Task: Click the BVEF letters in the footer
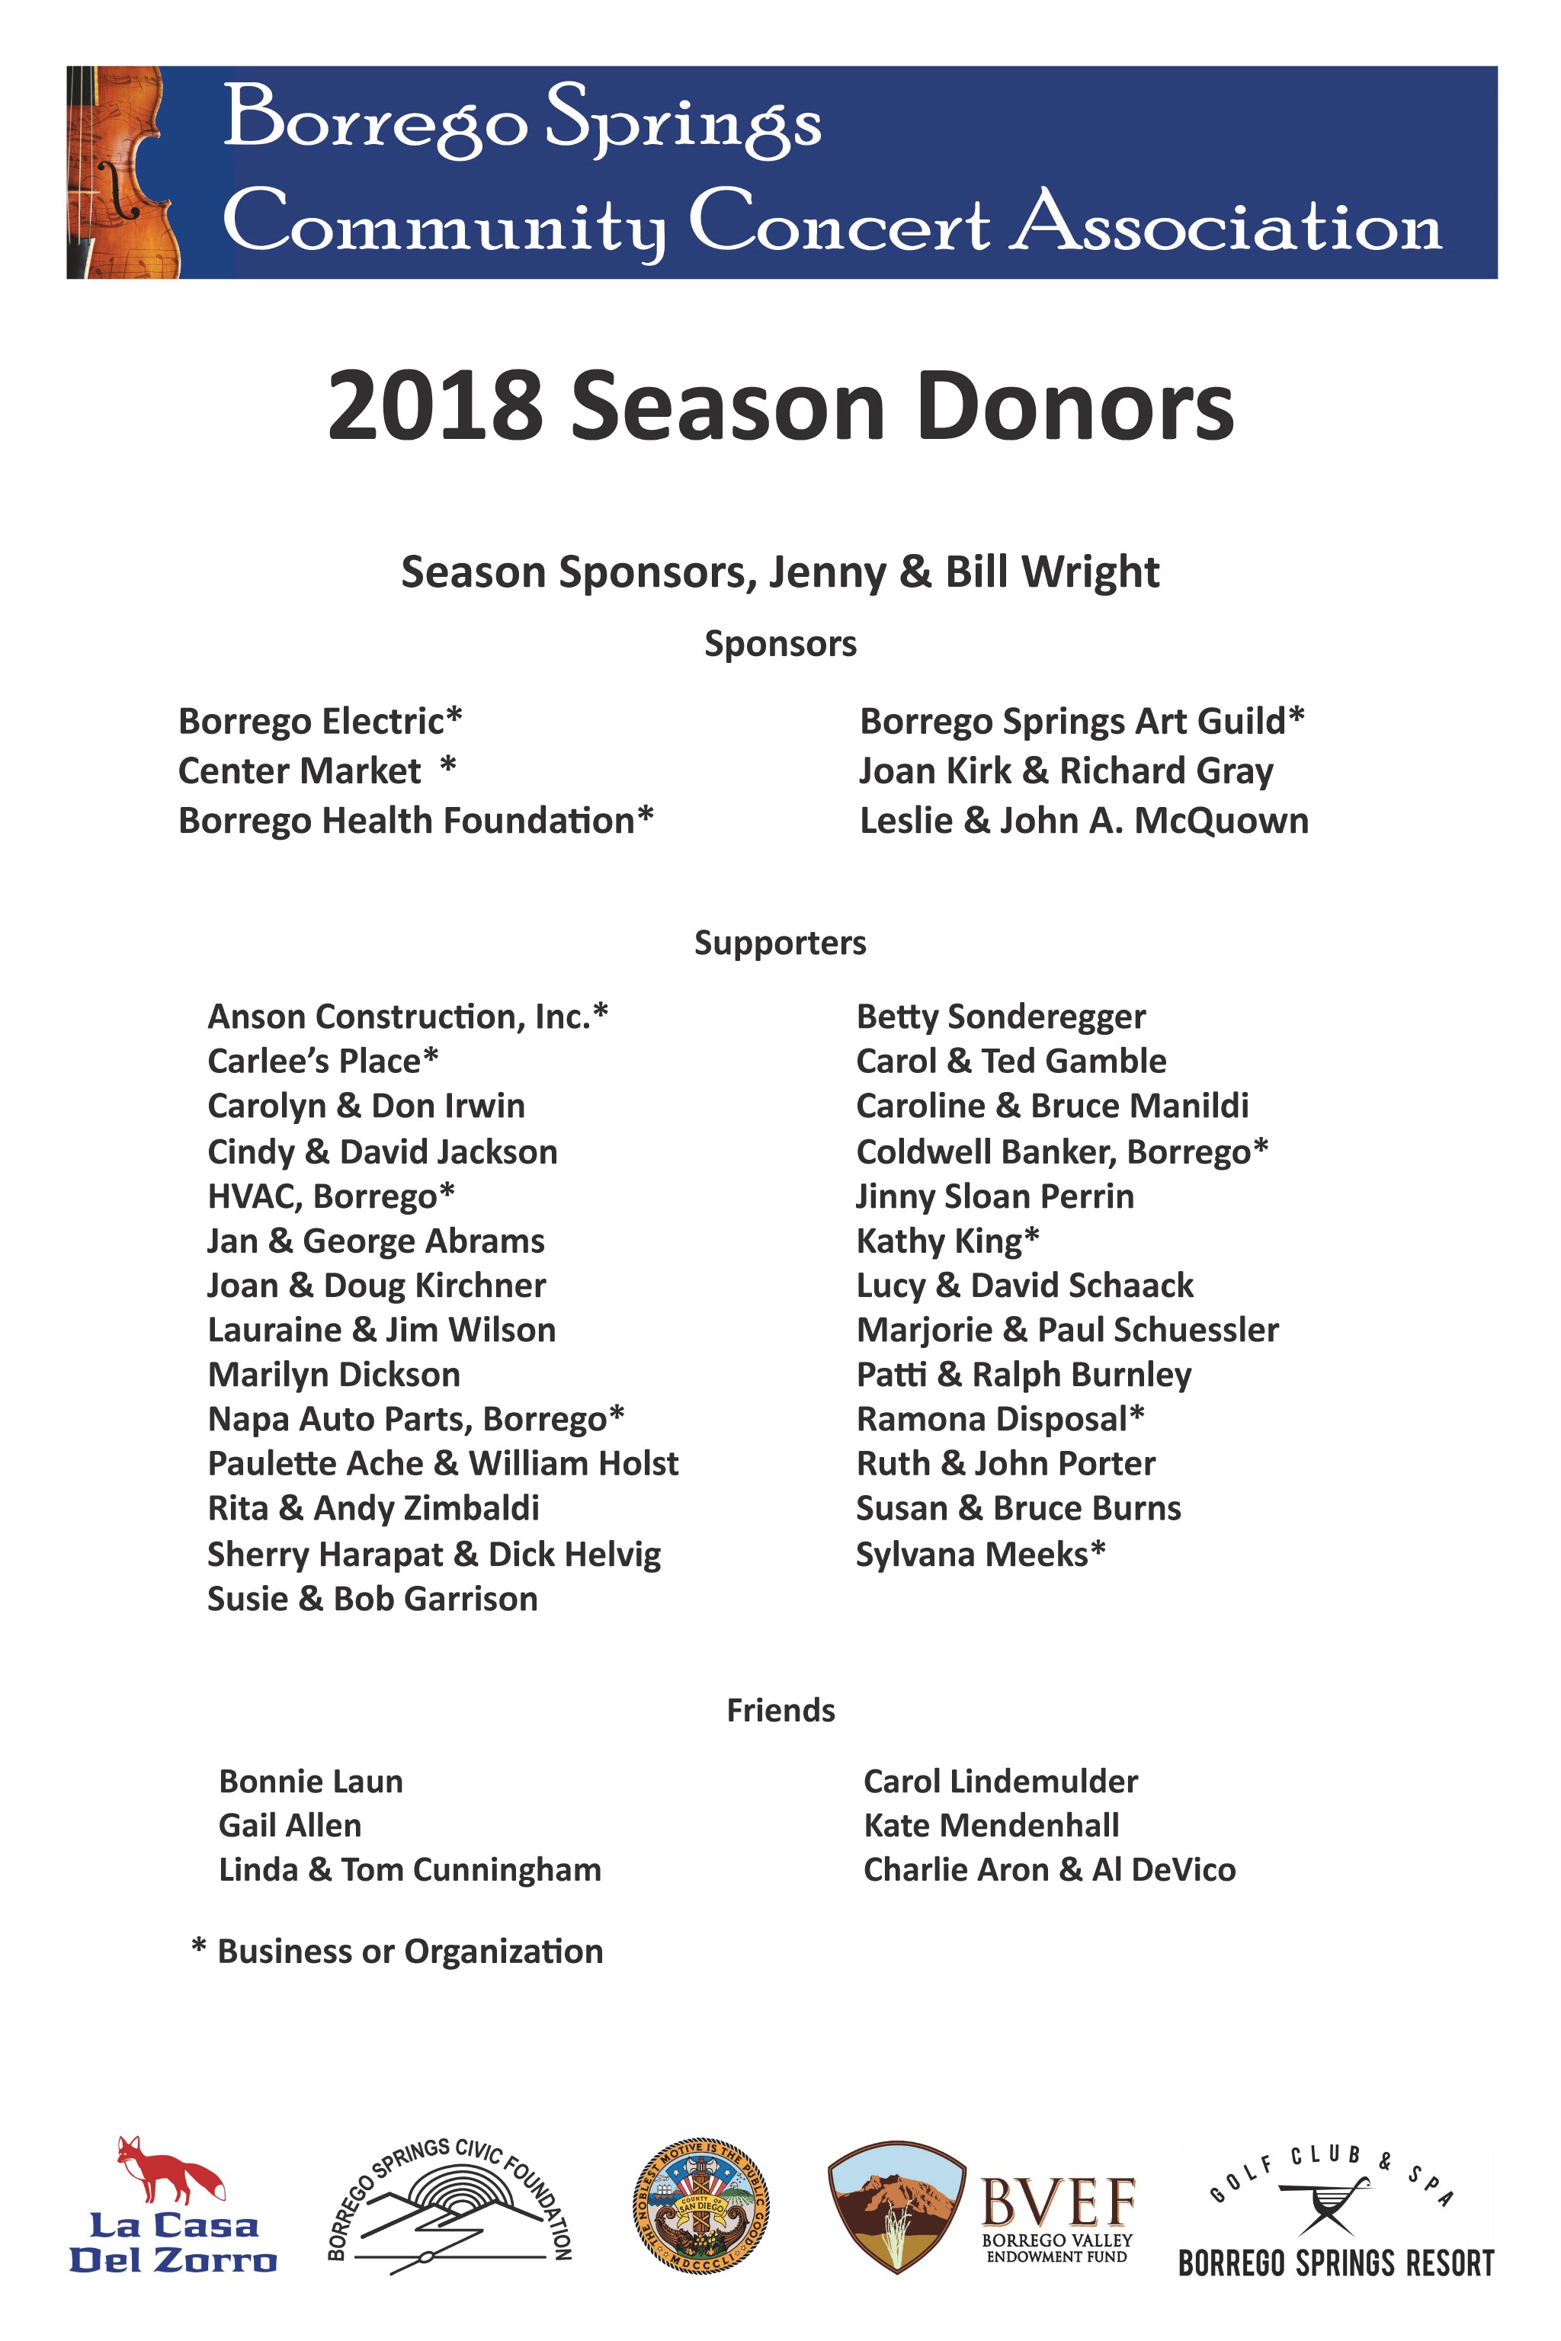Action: pos(1057,2202)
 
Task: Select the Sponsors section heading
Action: pos(780,644)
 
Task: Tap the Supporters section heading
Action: pos(780,943)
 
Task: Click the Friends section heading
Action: pos(780,1710)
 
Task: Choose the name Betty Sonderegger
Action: pos(1001,1017)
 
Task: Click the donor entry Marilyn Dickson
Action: pos(334,1375)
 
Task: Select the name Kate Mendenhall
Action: pos(991,1825)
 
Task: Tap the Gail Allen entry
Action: pos(290,1825)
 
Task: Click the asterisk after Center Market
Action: pos(448,765)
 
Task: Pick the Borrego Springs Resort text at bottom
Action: pos(1336,2263)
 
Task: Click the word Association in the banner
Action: pos(1227,225)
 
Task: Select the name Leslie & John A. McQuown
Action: pos(1083,821)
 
